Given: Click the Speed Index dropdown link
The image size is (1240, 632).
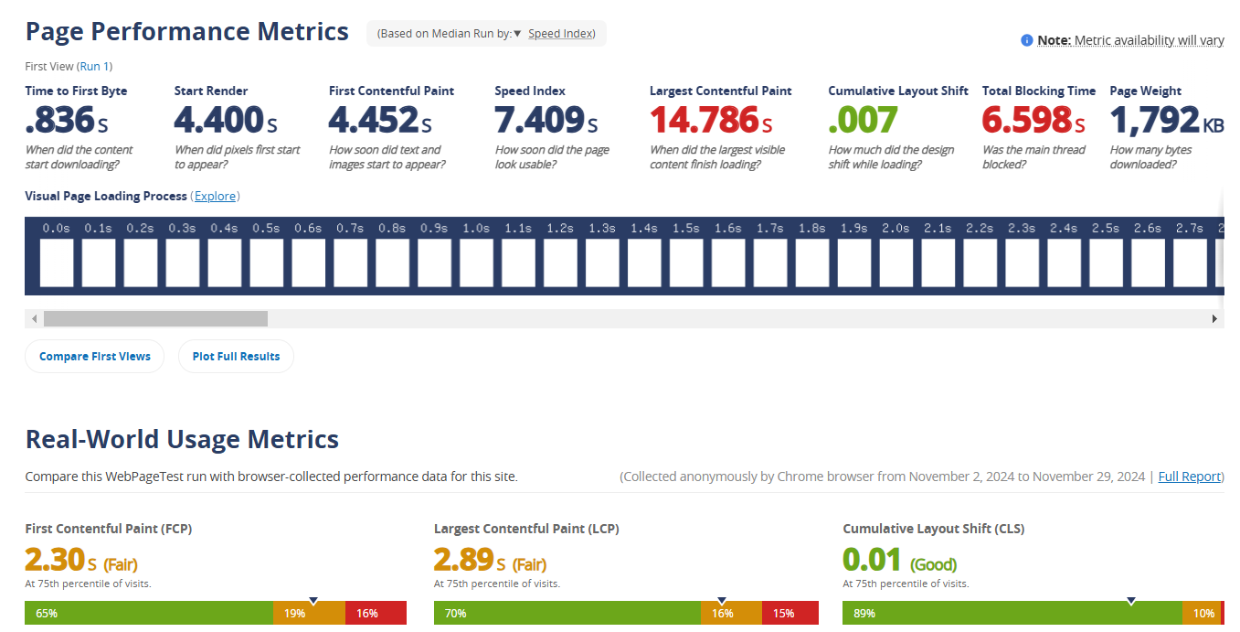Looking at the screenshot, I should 560,34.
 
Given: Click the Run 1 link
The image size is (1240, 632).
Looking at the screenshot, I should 94,66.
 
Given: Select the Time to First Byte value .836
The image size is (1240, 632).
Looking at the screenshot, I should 60,120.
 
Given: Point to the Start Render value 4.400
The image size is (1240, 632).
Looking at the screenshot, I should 218,120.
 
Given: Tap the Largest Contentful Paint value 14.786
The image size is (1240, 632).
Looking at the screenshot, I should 705,120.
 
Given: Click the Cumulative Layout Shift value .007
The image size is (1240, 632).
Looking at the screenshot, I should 863,120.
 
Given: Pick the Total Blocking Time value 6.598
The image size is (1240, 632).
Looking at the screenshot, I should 1027,120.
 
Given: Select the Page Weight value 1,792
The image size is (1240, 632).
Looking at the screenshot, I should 1155,120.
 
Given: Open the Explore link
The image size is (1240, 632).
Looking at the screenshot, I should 216,197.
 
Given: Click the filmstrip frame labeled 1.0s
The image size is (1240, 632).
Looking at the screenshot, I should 476,262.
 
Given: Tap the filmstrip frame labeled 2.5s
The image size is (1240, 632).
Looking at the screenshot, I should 1106,262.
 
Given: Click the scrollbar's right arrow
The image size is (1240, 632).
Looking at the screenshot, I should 1214,318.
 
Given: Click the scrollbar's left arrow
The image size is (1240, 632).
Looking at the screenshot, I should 35,318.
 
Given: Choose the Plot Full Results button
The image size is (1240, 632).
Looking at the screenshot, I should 236,357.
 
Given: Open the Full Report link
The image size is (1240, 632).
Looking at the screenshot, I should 1189,477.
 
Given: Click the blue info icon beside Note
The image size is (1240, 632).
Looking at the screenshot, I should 1027,40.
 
